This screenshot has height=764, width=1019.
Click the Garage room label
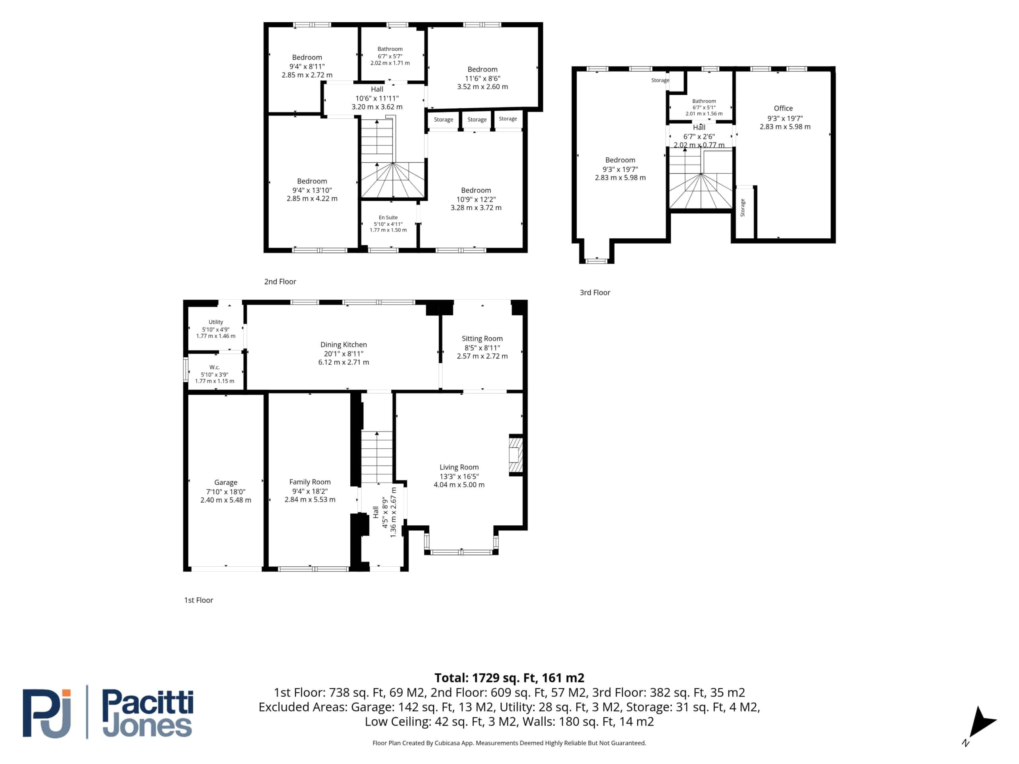coord(226,482)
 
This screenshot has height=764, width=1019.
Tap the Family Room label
coord(310,482)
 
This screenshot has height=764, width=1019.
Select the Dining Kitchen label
coord(344,345)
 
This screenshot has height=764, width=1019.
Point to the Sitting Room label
coord(482,339)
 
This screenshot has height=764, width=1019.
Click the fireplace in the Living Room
coord(515,455)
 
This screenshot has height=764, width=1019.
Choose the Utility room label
coord(216,322)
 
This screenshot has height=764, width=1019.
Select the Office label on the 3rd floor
coord(783,108)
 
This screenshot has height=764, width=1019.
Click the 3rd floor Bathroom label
coord(704,101)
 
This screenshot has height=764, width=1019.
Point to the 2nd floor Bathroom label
coord(390,49)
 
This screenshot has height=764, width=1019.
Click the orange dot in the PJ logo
coord(66,693)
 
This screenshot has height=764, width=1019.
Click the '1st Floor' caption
coord(199,600)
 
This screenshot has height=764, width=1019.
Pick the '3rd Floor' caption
coord(595,292)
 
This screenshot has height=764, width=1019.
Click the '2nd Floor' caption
coord(280,281)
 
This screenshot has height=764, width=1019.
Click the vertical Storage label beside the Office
coord(743,207)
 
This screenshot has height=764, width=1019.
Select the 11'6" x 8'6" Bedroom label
coord(482,78)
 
